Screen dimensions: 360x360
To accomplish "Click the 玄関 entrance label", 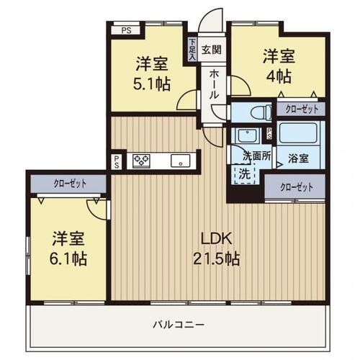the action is (x=211, y=50).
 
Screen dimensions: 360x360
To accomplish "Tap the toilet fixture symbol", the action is (x=261, y=112).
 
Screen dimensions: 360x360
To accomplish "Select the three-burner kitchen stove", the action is (x=142, y=161).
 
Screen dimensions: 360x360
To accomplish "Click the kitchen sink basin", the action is (x=180, y=161).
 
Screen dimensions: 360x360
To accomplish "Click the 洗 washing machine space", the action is (x=245, y=174).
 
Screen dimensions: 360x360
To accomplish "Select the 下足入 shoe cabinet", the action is (x=192, y=50).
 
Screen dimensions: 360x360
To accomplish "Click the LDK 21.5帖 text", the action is (x=217, y=248).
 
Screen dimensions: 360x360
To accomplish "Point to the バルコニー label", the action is (x=179, y=325).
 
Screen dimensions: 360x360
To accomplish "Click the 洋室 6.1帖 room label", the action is (x=68, y=248).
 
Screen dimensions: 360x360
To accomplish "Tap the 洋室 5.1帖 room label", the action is (x=152, y=73).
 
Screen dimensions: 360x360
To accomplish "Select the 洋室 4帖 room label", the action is (x=279, y=66).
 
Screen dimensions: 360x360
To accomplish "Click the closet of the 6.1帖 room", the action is (x=68, y=184).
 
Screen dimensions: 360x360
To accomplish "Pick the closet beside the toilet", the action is (x=301, y=109).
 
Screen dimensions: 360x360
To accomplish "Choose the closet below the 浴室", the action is (x=295, y=186).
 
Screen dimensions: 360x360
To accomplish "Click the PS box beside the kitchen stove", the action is (x=117, y=161).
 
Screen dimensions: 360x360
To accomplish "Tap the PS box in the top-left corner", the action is (x=126, y=30).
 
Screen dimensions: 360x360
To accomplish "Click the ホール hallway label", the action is (x=215, y=85).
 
